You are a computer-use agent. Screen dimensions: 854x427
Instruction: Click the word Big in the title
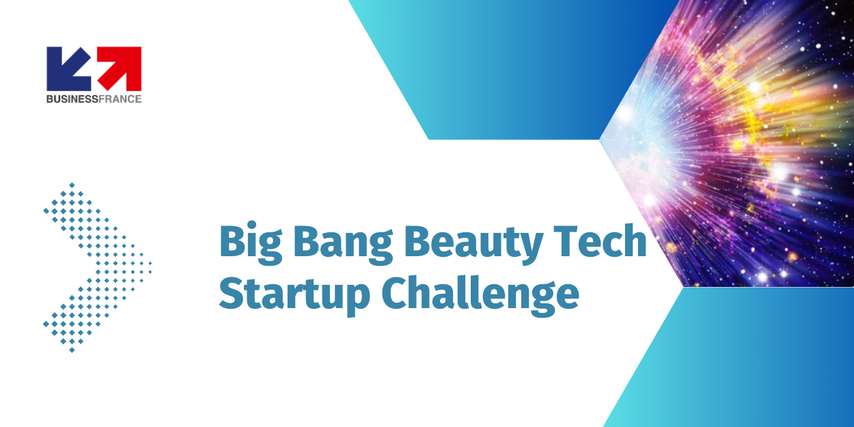coord(251,245)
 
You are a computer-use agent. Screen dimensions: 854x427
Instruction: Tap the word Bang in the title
coord(343,245)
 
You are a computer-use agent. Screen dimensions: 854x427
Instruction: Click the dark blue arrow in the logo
coord(68,68)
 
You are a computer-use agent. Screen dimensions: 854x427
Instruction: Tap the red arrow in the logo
coord(120,68)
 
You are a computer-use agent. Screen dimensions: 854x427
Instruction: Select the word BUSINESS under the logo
coord(72,99)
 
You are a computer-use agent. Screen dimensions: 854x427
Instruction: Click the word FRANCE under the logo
coord(120,99)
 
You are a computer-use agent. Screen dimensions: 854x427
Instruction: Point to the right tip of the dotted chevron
coord(150,263)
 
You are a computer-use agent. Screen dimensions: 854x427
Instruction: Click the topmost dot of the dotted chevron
coord(72,185)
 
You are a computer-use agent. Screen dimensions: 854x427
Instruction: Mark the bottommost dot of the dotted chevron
coord(72,350)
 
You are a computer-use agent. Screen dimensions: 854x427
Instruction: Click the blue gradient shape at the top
coord(511,68)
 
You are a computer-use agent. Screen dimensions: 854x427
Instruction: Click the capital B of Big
coord(232,241)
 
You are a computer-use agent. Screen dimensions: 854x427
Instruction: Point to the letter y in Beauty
coord(531,250)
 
